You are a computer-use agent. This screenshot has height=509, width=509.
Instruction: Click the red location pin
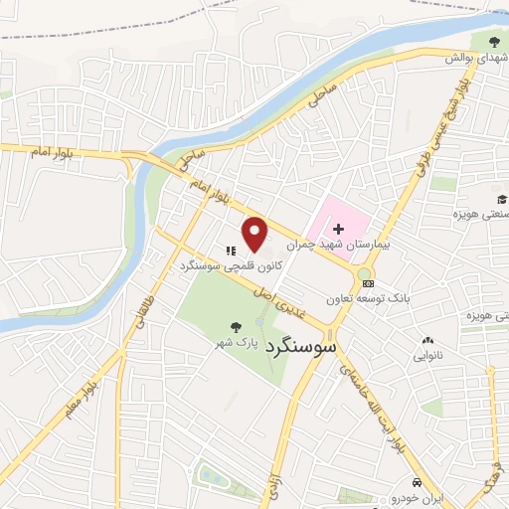(x=255, y=235)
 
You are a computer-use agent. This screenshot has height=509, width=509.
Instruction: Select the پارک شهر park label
(x=238, y=342)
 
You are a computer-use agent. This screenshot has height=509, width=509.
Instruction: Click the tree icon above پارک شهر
(x=236, y=326)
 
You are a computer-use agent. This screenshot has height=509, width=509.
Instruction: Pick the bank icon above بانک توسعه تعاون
(x=369, y=283)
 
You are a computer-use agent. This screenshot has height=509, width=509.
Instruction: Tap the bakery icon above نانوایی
(x=428, y=338)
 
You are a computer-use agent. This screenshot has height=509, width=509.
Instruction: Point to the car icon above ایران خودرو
(x=418, y=483)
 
